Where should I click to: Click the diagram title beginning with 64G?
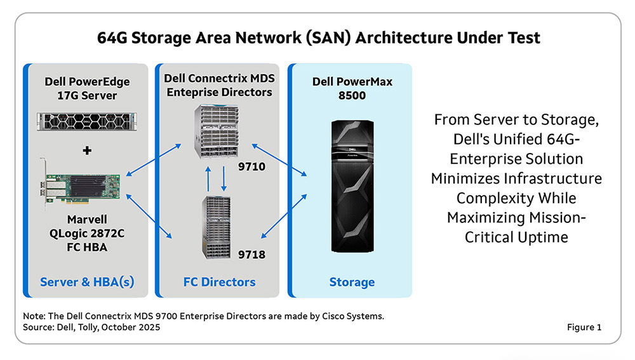318,37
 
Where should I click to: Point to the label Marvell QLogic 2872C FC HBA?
86,233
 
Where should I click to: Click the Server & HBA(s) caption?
87,281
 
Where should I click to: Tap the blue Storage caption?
351,281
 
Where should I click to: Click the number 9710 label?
251,169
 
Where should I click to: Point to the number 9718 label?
251,255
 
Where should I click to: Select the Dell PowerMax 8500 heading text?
352,88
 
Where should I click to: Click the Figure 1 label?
584,328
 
